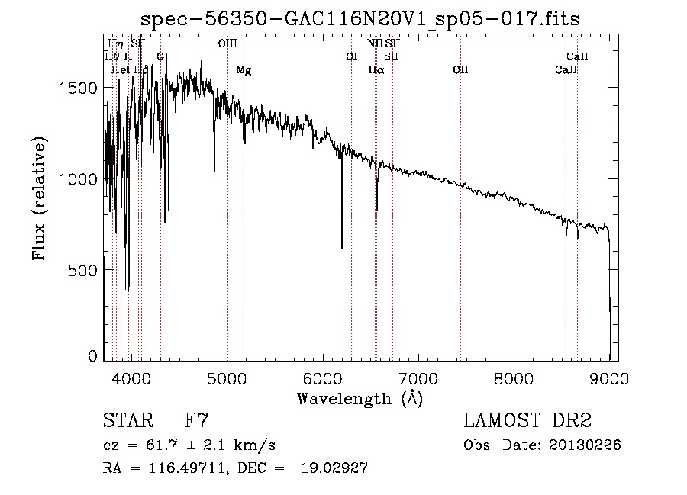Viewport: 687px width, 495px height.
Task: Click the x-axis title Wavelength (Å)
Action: tap(360, 398)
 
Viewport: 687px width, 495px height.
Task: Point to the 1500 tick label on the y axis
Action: tap(78, 88)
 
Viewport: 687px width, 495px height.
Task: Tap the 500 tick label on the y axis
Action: tap(85, 270)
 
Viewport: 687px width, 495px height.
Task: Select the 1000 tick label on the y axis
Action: tap(78, 179)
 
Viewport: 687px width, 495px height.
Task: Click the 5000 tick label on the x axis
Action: tap(227, 378)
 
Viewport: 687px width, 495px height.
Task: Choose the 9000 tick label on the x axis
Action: tap(609, 378)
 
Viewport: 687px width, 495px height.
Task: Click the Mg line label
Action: tap(244, 70)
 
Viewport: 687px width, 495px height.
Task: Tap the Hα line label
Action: tap(376, 70)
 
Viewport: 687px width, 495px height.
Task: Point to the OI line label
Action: tap(351, 56)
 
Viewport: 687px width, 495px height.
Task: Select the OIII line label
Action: tap(227, 43)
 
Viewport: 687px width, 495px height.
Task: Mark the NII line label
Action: tap(374, 43)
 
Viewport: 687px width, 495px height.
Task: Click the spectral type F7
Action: tap(197, 421)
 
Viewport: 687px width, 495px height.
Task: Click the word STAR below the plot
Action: tap(126, 421)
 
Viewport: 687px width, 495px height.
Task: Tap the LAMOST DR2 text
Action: tap(527, 421)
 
